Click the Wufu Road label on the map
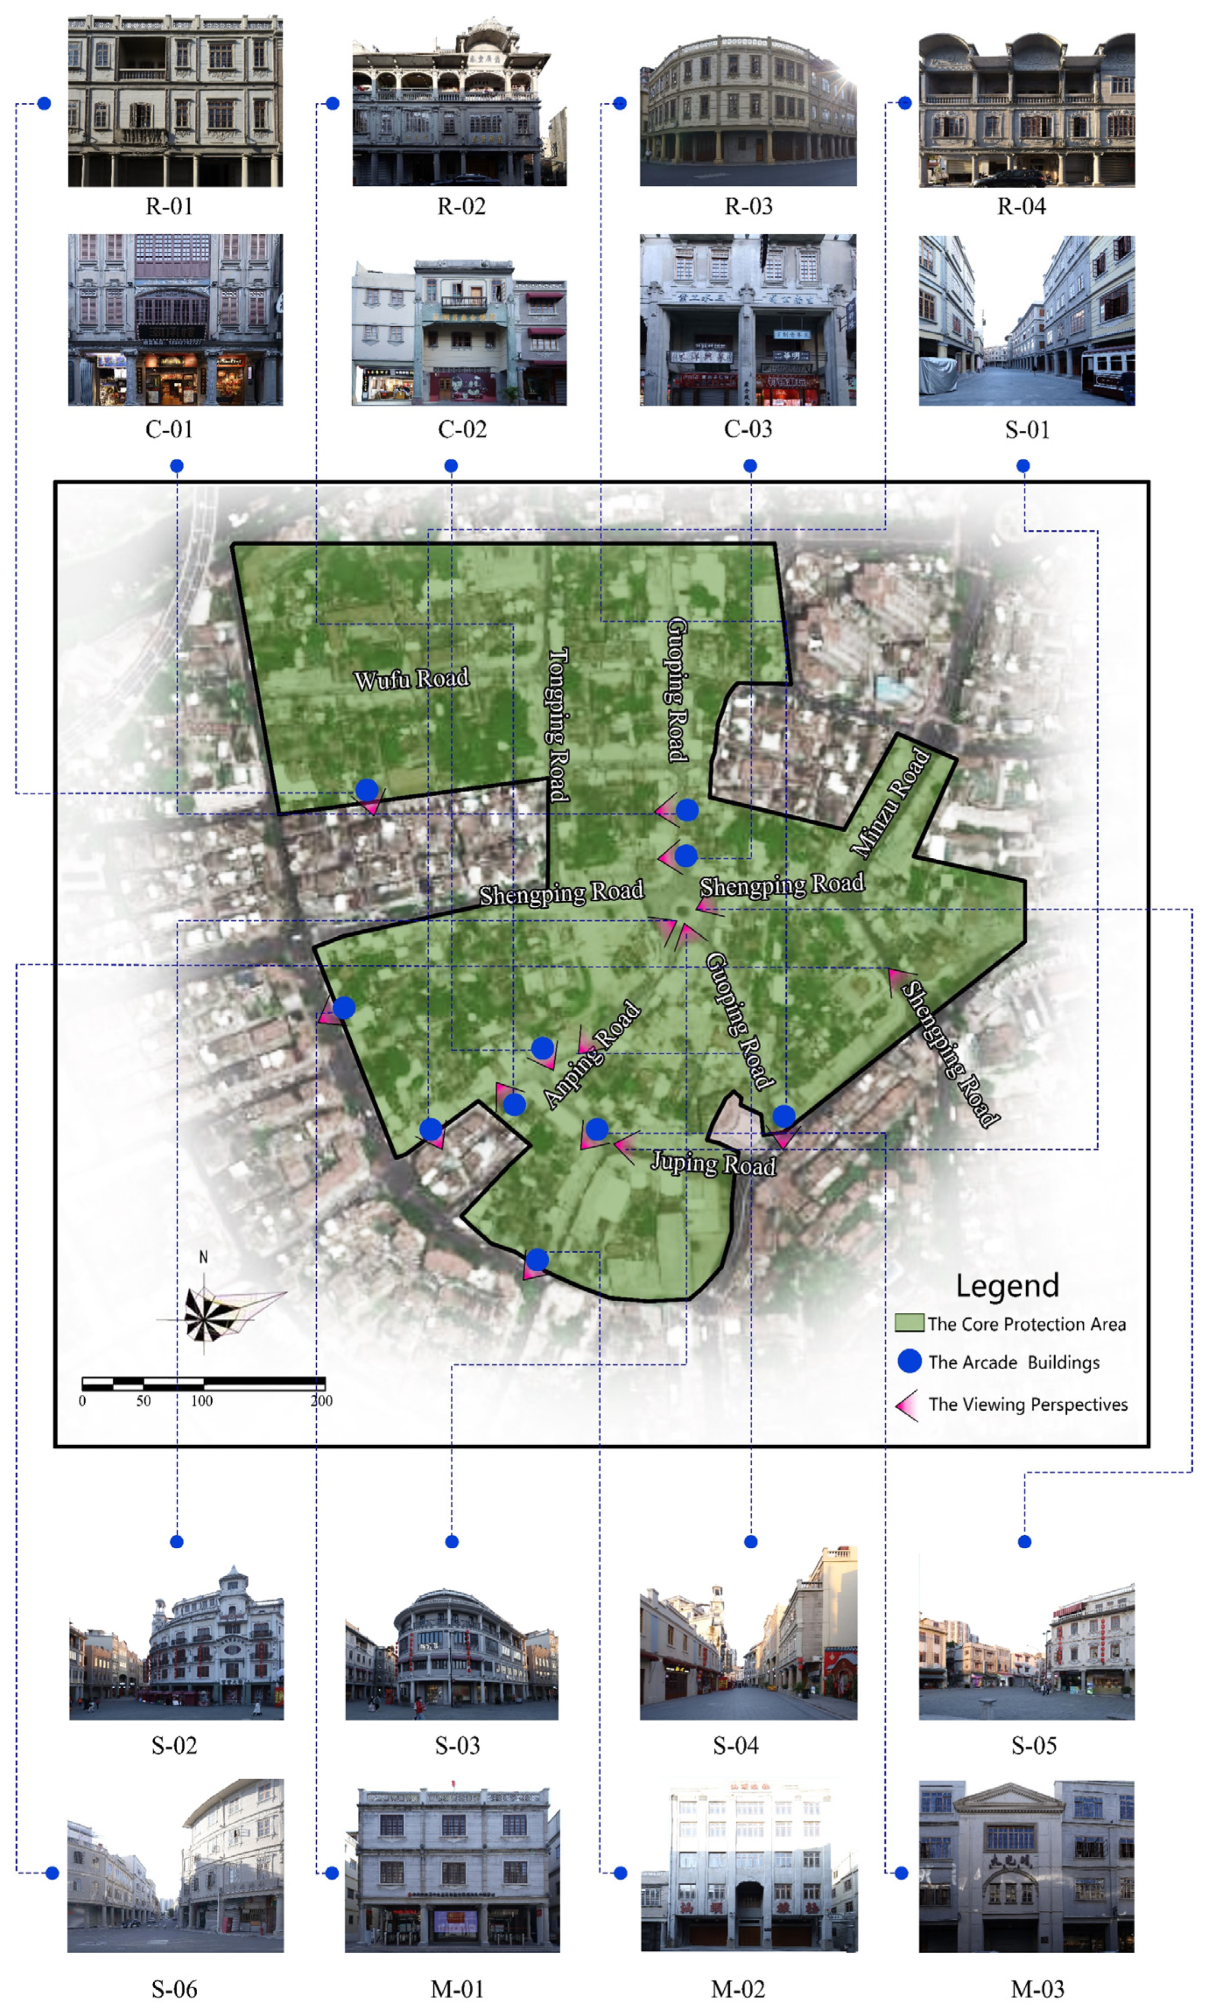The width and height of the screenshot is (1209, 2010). coord(411,679)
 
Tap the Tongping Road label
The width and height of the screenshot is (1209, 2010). coord(558,725)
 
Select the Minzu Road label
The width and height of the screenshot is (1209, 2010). coord(890,803)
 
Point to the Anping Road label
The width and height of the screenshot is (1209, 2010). coord(592,1055)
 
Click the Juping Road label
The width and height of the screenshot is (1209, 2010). coord(713,1163)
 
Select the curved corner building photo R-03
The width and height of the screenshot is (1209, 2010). coord(748,110)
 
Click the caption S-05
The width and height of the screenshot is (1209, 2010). coord(1033,1745)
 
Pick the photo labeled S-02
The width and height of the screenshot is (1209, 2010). coord(176,1643)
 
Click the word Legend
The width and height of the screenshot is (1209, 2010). coord(1007,1285)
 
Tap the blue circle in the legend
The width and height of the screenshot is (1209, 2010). coord(909,1360)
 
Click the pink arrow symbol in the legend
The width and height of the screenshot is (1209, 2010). coord(908,1404)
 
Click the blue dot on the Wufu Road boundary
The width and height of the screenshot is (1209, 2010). coord(367,790)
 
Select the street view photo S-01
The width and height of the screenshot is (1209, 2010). coord(1026,320)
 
